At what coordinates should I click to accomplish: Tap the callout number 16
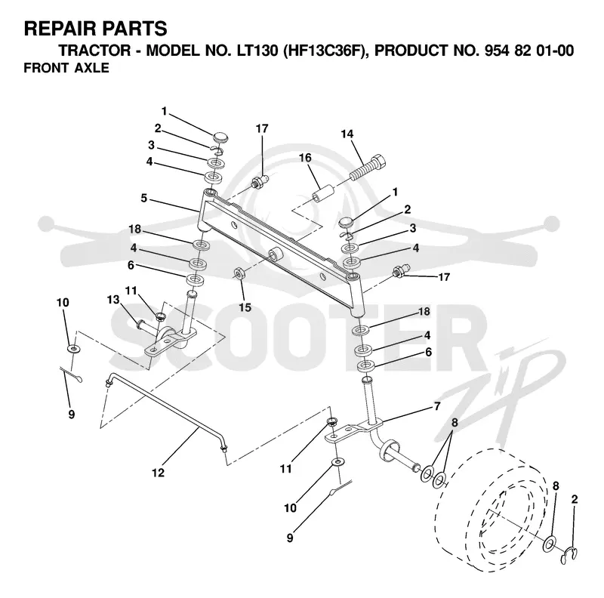305,158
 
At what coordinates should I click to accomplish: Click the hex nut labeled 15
239,273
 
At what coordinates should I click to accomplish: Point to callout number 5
143,198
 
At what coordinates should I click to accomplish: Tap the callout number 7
437,406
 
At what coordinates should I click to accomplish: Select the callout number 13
113,300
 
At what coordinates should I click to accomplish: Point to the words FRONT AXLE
66,68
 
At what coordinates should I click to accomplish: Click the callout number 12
159,473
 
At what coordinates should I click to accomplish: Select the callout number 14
347,134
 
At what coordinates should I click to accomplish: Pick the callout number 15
245,307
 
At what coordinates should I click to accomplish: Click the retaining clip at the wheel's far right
569,555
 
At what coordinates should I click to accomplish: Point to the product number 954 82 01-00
529,51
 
